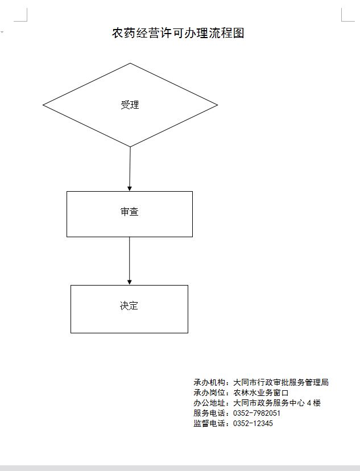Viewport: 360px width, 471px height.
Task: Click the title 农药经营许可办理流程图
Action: tap(178, 33)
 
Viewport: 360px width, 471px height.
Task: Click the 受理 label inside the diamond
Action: tap(130, 105)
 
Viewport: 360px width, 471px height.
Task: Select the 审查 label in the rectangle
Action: tap(130, 212)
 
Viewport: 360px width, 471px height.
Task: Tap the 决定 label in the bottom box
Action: tap(129, 305)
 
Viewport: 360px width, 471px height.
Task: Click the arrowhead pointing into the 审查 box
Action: tap(130, 189)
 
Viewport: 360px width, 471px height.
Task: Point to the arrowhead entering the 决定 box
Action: tap(130, 282)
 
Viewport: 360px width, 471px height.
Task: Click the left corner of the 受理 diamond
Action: tap(43, 105)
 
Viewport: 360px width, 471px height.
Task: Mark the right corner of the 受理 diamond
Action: tap(217, 105)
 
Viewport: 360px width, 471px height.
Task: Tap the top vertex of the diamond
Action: tap(130, 63)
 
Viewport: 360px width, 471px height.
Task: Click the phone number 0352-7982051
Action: tap(256, 413)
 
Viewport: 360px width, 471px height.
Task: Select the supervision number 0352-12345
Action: tap(253, 423)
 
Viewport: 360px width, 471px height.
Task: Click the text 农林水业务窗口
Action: tap(261, 392)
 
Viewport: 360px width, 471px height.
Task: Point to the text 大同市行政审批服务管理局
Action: tap(281, 382)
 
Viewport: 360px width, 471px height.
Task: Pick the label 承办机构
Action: tap(209, 382)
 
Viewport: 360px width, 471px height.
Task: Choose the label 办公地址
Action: tap(209, 403)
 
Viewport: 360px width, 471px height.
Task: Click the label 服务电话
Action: tap(209, 413)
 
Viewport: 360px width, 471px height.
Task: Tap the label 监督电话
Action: tap(209, 423)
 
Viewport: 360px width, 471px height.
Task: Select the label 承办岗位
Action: tap(209, 392)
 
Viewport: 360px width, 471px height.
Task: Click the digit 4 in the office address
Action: tap(309, 403)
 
